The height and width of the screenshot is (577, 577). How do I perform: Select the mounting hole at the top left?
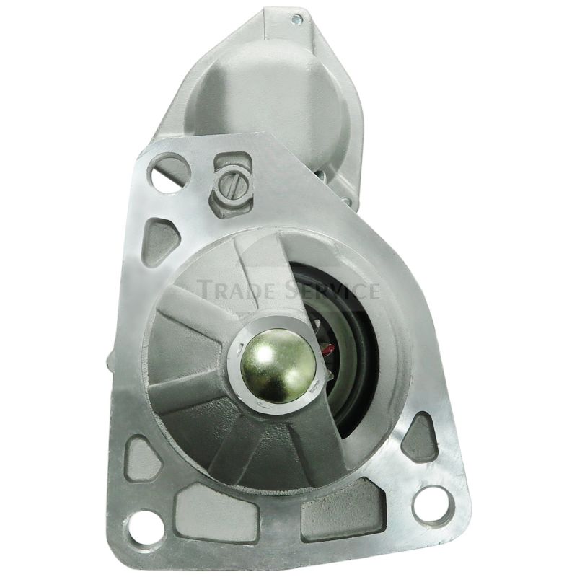[168, 174]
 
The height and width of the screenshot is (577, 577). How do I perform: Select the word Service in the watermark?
[330, 290]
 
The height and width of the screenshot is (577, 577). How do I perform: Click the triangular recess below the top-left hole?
[161, 241]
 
